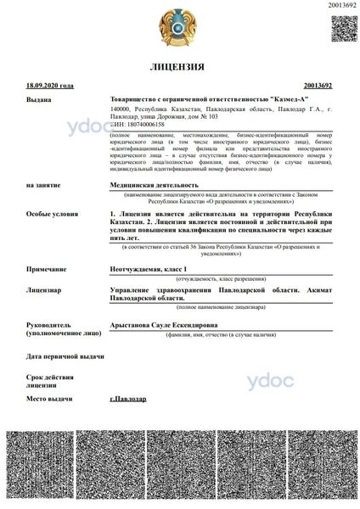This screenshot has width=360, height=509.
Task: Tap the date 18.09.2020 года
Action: click(50, 87)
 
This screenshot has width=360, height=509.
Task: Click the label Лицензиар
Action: click(43, 290)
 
